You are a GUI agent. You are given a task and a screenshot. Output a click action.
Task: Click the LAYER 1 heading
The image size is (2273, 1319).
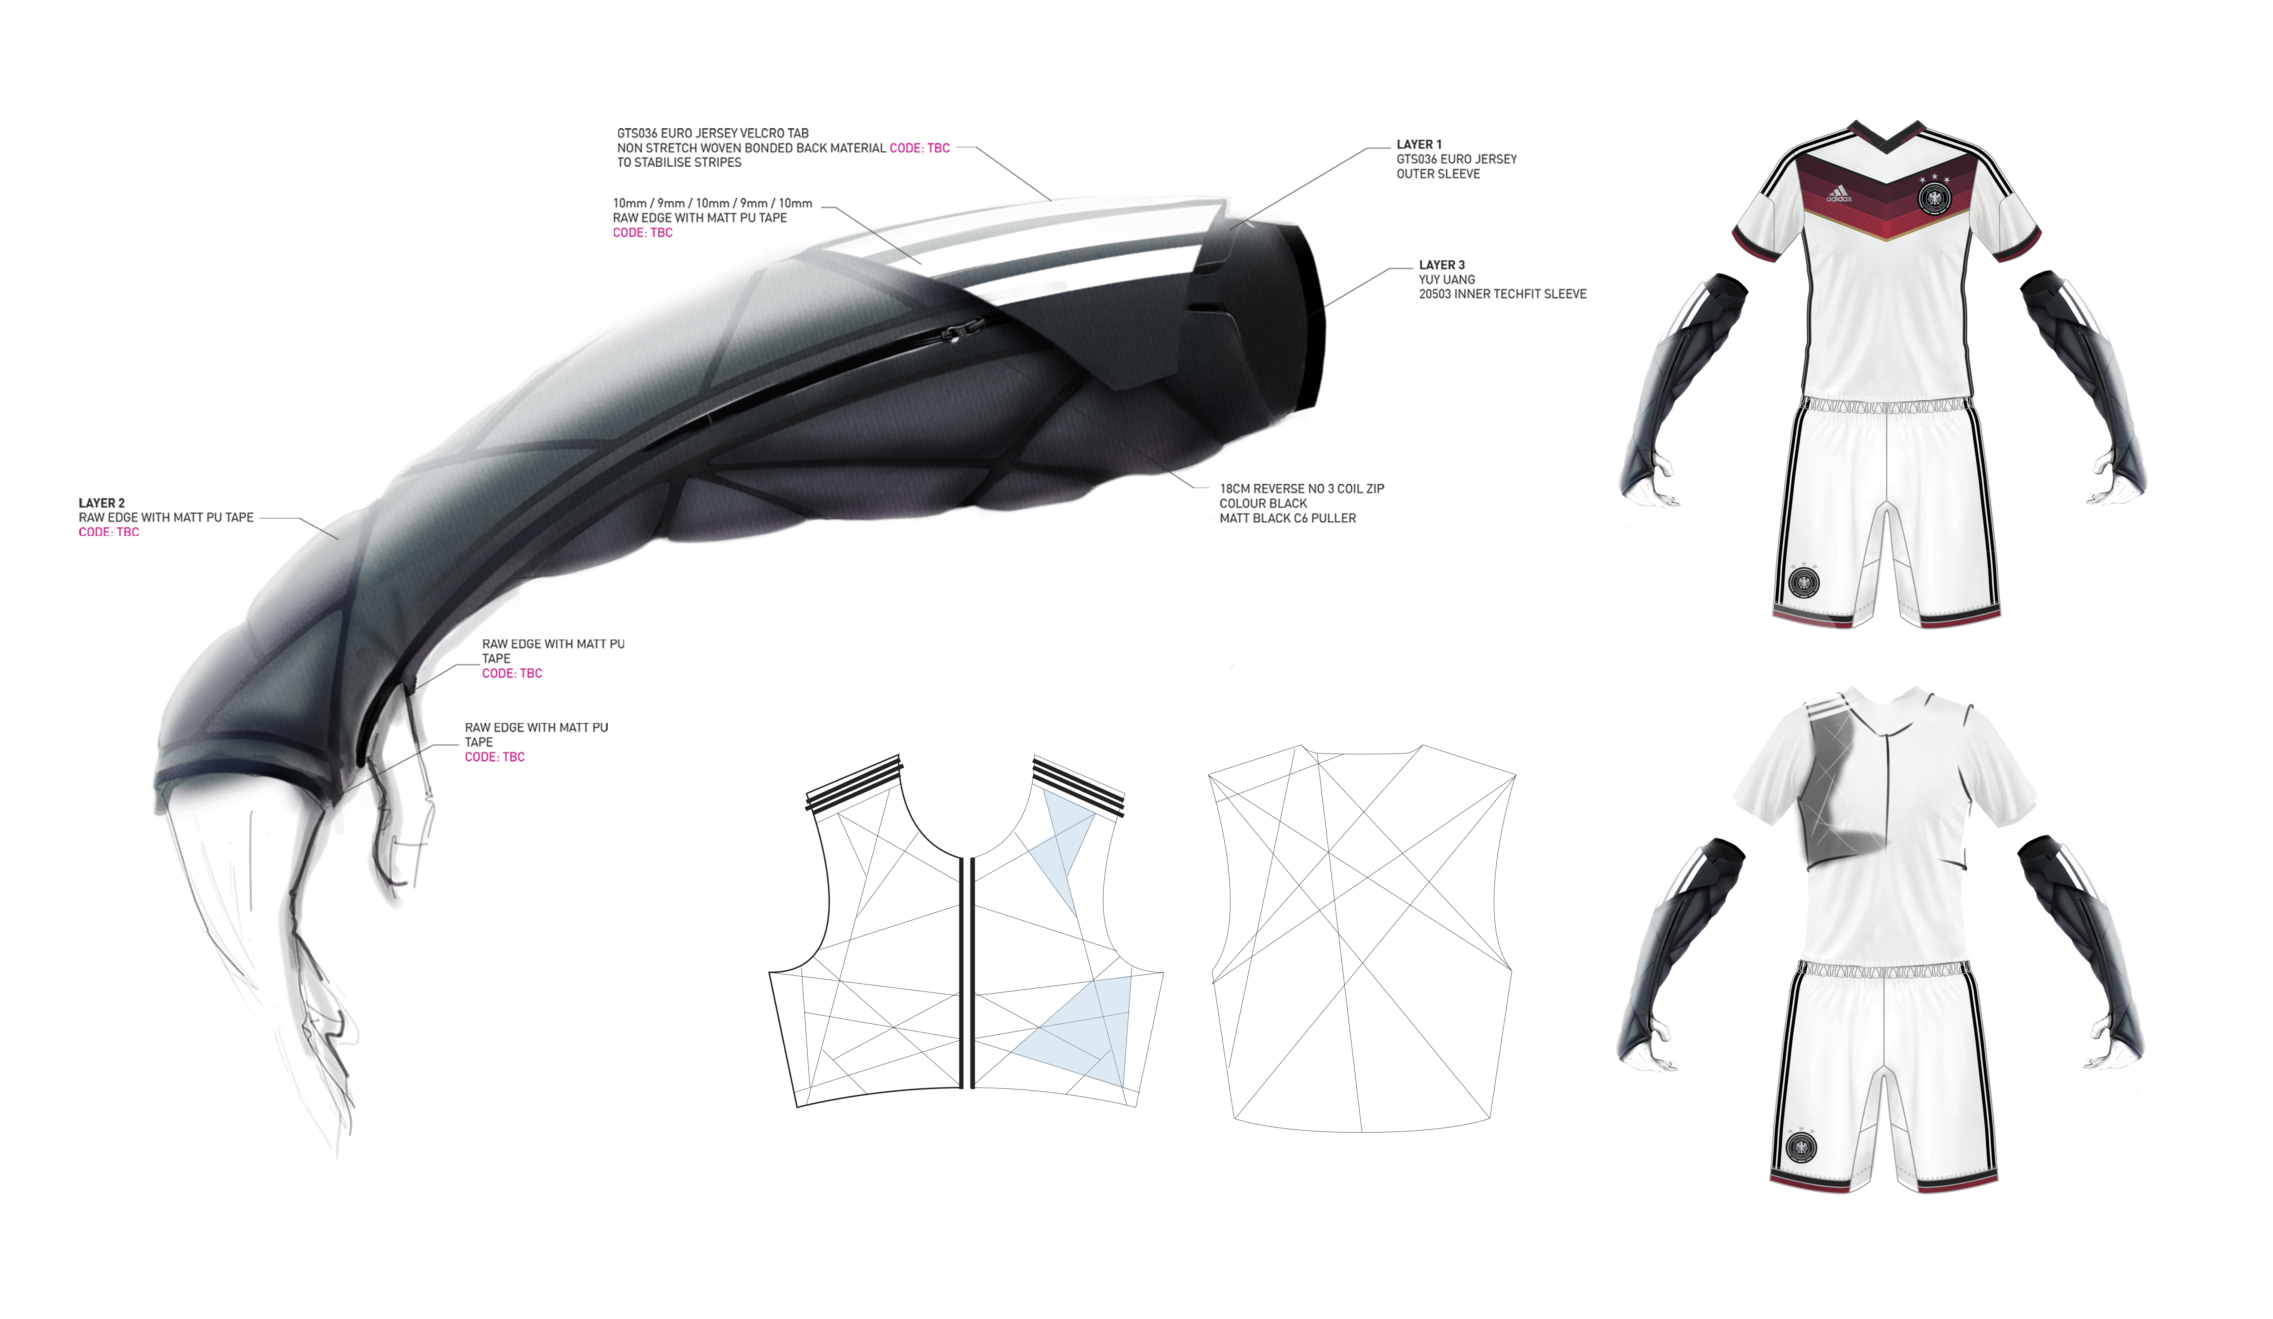[x=1419, y=144]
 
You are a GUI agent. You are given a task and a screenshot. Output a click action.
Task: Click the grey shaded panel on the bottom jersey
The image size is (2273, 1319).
[x=1840, y=794]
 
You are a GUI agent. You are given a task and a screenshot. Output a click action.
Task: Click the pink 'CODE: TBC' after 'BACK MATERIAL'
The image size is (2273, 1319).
[x=919, y=148]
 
